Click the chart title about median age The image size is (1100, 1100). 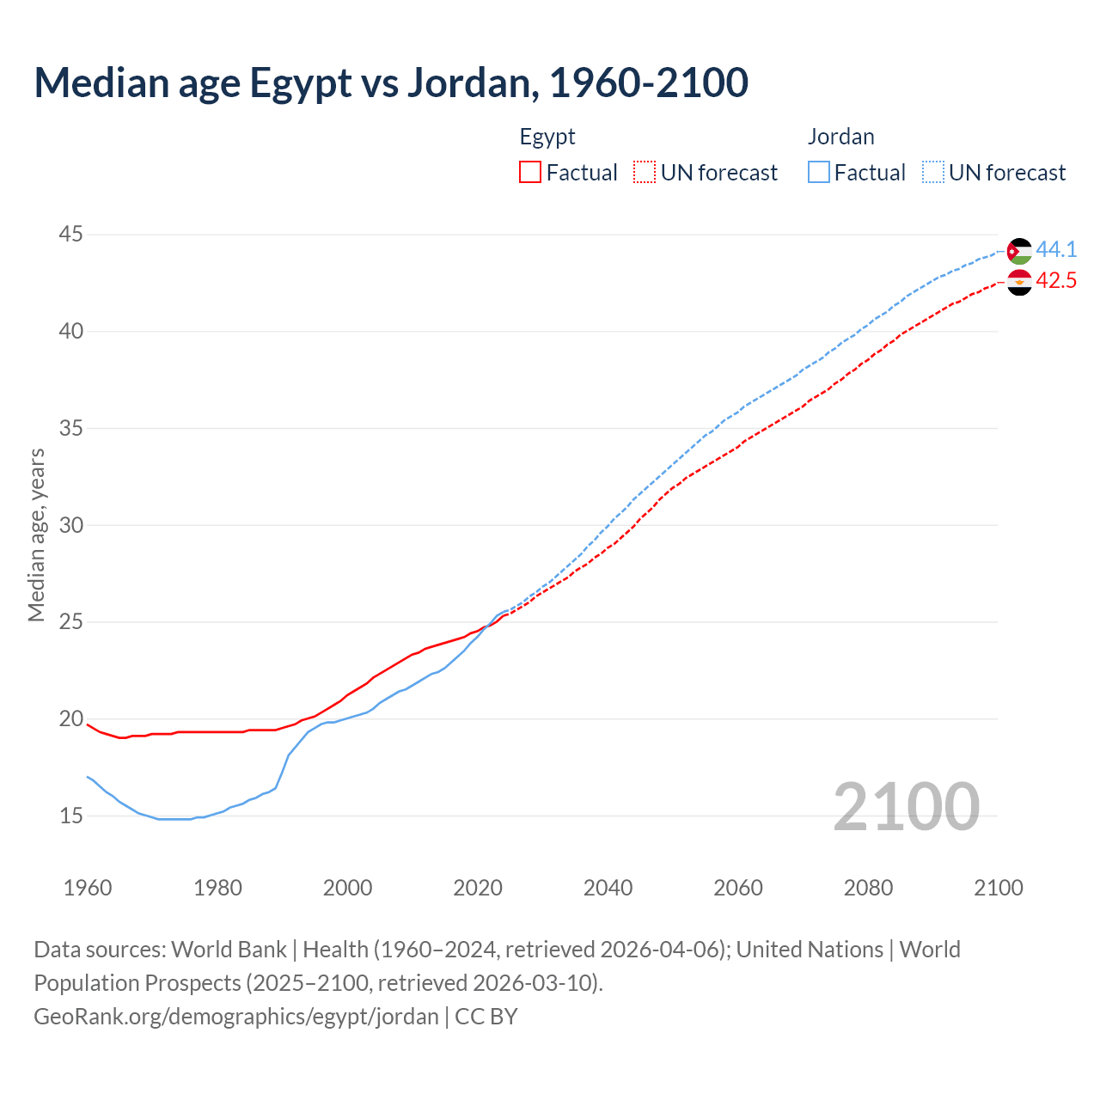(x=391, y=82)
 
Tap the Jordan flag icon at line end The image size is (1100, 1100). (x=1019, y=251)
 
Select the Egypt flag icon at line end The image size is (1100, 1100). (x=1019, y=282)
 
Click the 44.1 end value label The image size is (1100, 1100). (x=1056, y=249)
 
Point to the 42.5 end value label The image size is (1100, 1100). (x=1056, y=281)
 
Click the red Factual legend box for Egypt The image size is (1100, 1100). (x=530, y=173)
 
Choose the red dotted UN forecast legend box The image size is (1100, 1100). (x=645, y=173)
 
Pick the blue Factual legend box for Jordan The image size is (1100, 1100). (x=819, y=173)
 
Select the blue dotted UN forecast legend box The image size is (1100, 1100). (x=933, y=173)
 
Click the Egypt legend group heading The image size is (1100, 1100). (x=547, y=137)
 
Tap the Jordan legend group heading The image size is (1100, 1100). (x=840, y=137)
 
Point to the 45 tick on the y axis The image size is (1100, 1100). (x=71, y=234)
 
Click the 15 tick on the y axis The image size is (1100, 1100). (x=71, y=816)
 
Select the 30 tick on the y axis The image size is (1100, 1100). (x=71, y=525)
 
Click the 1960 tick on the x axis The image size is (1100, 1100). (x=88, y=888)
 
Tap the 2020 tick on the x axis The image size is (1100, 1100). (x=478, y=888)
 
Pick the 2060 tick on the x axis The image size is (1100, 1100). (x=738, y=888)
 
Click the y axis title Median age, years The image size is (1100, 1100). (x=36, y=535)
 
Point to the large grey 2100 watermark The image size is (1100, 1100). (x=906, y=806)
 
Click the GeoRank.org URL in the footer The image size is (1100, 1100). (x=236, y=1017)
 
